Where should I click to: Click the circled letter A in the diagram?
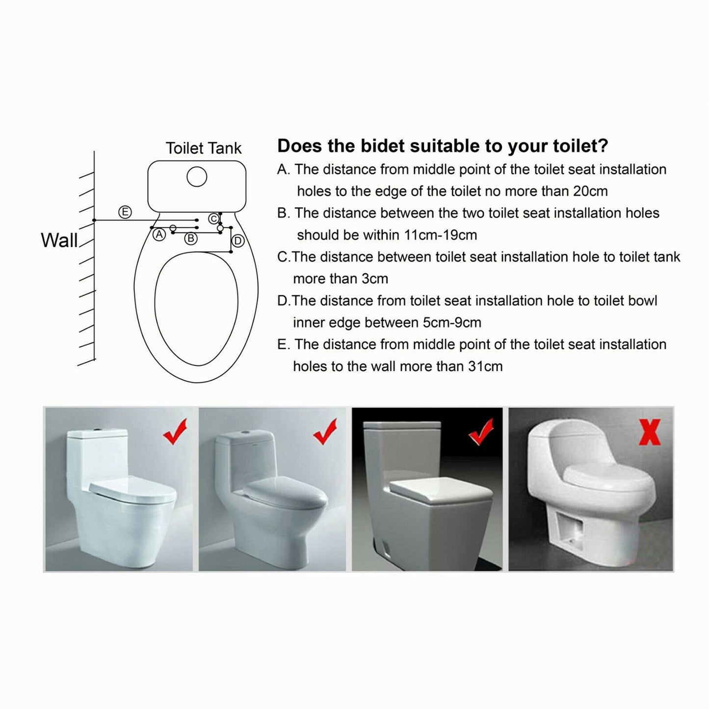(159, 235)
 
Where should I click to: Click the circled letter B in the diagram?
(191, 239)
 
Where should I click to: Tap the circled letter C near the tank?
(213, 219)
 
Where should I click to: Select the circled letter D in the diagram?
(238, 241)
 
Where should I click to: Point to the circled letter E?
(125, 212)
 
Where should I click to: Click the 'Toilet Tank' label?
(203, 148)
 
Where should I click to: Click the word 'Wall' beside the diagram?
(59, 240)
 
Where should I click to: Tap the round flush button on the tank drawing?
(197, 177)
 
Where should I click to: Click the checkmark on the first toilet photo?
(175, 431)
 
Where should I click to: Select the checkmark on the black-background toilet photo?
(481, 432)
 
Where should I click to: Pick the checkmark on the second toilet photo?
(325, 431)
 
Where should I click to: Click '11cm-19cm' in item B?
(440, 235)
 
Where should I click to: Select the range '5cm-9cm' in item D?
(451, 322)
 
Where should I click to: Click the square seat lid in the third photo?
(441, 490)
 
